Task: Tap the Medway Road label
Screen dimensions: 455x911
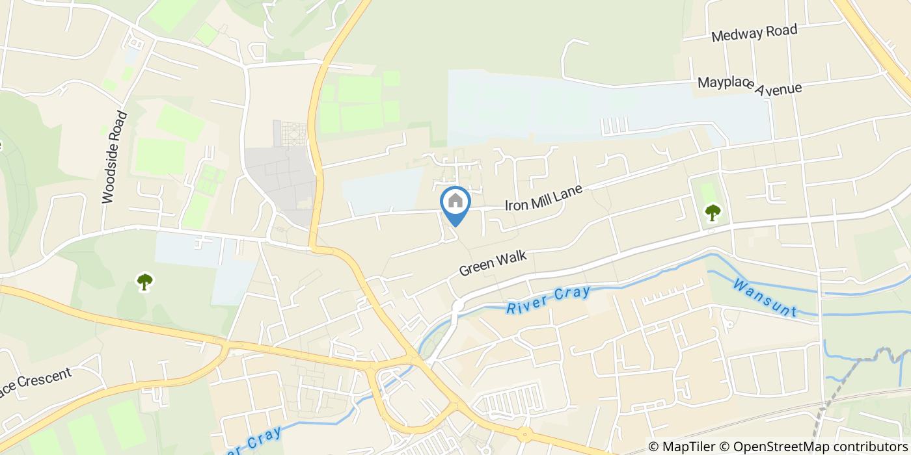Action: [754, 32]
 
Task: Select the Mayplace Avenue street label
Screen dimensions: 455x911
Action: [750, 84]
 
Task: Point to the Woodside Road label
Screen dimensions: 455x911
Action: [115, 157]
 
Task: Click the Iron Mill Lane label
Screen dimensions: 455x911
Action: [543, 197]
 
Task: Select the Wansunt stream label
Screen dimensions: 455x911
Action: [765, 298]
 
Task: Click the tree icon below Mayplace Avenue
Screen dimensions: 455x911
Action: [713, 212]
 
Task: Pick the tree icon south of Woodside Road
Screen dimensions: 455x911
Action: [144, 281]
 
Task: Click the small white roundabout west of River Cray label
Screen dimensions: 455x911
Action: [457, 305]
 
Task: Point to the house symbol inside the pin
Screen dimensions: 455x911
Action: [455, 200]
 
